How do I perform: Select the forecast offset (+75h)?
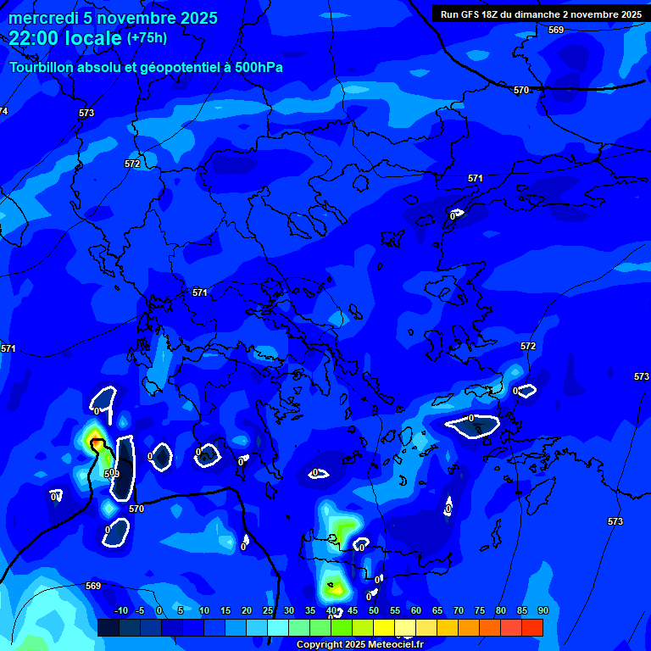[147, 38]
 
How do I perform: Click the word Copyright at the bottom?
[320, 645]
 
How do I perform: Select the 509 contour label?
[112, 473]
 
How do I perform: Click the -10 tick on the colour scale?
[120, 611]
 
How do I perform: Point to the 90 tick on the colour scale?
[542, 611]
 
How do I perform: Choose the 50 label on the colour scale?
[373, 611]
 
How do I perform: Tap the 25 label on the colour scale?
[268, 611]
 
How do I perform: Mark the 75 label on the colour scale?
[479, 611]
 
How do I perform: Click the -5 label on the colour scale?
[140, 611]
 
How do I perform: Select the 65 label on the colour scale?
[437, 611]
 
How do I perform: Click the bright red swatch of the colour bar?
[532, 627]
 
